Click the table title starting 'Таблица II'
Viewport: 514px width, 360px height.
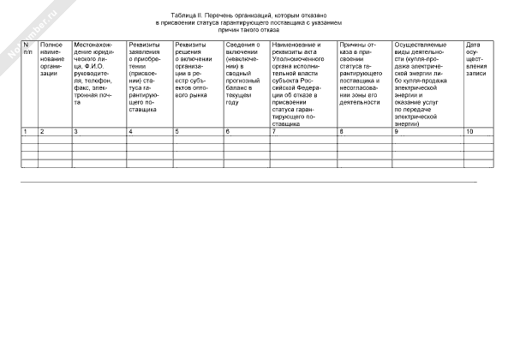pyautogui.click(x=256, y=22)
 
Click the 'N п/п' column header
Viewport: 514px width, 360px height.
pyautogui.click(x=28, y=47)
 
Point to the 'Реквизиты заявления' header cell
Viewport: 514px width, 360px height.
pyautogui.click(x=148, y=77)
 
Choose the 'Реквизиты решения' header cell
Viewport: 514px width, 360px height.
pyautogui.click(x=197, y=65)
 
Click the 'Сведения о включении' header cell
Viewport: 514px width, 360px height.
pyautogui.click(x=245, y=71)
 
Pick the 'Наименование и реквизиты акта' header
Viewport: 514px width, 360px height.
pyautogui.click(x=302, y=83)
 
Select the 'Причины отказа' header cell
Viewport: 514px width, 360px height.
pyautogui.click(x=364, y=71)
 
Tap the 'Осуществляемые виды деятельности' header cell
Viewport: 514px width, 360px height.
pyautogui.click(x=427, y=83)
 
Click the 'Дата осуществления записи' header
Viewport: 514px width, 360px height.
pyautogui.click(x=478, y=59)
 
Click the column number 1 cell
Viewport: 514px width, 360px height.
pyautogui.click(x=28, y=130)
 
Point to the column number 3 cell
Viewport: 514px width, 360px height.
pyautogui.click(x=99, y=130)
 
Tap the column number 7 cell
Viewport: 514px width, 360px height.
pyautogui.click(x=302, y=130)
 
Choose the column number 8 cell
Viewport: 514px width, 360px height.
pyautogui.click(x=364, y=130)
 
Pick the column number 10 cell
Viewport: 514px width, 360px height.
pyautogui.click(x=478, y=130)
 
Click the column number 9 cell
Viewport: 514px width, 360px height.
pyautogui.click(x=427, y=130)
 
